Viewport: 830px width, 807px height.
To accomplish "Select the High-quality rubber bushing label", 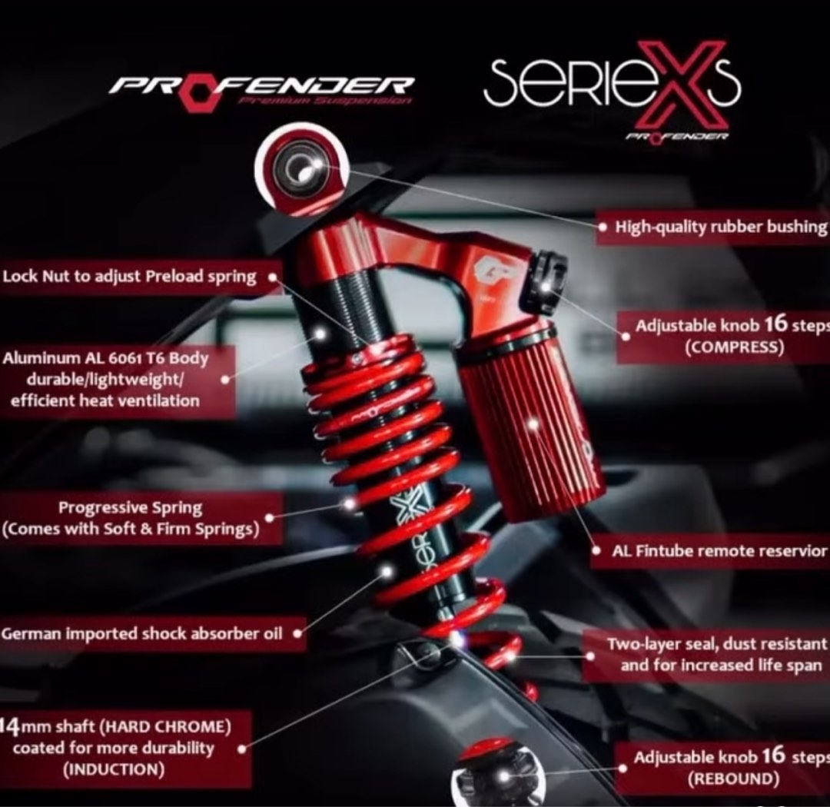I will [721, 227].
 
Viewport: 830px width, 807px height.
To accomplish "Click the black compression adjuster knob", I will [547, 284].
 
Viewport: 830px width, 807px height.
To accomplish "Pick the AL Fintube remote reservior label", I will [719, 552].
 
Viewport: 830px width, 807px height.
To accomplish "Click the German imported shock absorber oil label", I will [141, 634].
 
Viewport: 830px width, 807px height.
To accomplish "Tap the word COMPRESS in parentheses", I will [734, 347].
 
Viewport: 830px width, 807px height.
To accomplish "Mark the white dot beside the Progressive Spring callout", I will [350, 504].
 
